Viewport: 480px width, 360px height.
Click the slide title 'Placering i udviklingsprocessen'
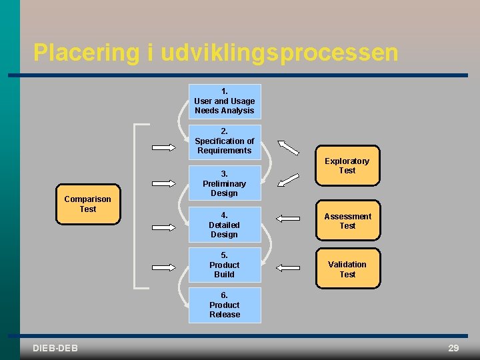tap(215, 53)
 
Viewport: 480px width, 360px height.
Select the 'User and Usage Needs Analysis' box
tap(225, 101)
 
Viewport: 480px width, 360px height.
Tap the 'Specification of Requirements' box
tap(225, 141)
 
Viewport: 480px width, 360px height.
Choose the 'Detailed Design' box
tap(225, 225)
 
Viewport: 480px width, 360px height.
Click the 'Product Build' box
tap(225, 265)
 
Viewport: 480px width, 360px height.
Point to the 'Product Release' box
tap(225, 305)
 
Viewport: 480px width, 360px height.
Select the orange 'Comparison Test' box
tap(87, 204)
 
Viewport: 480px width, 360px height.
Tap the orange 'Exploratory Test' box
tap(347, 165)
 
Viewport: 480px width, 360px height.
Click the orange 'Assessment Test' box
tap(347, 221)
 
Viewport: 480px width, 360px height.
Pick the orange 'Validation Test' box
tap(347, 269)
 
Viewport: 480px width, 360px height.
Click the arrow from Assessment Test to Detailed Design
tap(288, 217)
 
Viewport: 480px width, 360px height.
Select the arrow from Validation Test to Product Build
tap(288, 267)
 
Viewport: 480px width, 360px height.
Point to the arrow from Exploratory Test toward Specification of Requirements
tap(289, 147)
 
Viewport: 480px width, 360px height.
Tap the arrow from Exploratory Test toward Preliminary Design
tap(289, 179)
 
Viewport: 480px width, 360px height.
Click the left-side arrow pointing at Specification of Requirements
tap(164, 147)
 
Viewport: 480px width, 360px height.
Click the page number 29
tap(453, 348)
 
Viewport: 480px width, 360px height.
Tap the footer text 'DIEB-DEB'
tap(55, 348)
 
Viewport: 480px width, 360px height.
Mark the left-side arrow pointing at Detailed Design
tap(164, 217)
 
